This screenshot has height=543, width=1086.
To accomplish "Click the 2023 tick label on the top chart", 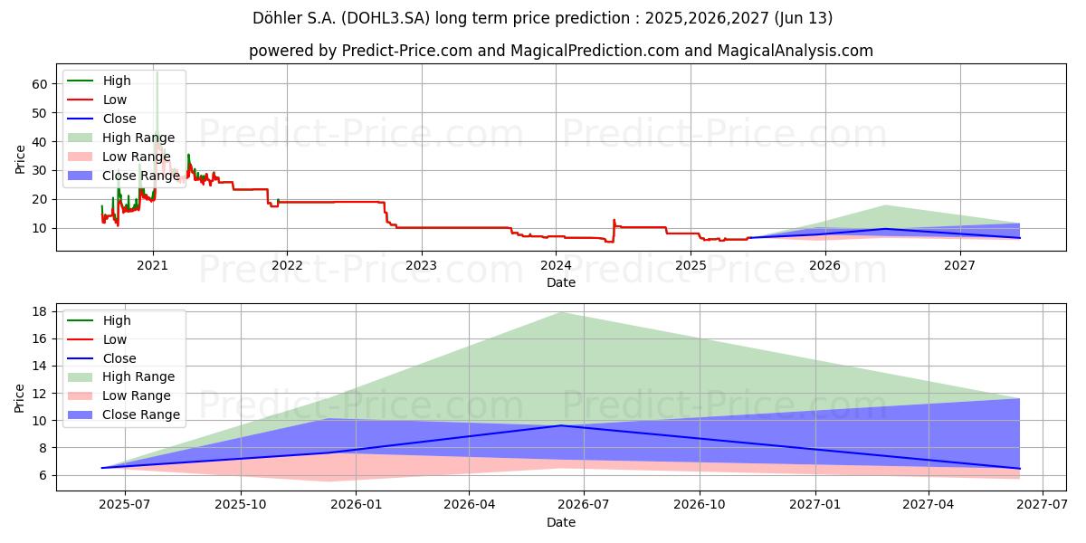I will coord(421,265).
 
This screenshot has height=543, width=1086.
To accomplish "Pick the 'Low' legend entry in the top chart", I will coord(115,100).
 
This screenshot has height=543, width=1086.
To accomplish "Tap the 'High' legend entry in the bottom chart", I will coord(117,320).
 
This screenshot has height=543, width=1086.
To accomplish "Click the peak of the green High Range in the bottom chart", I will coord(561,312).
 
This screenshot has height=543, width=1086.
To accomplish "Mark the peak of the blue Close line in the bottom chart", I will coord(561,425).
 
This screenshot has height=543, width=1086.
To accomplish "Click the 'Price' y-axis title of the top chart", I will coord(20,158).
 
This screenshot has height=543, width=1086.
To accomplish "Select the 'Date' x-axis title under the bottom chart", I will coord(561,522).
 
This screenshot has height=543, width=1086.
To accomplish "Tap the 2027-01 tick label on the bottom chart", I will coord(815,504).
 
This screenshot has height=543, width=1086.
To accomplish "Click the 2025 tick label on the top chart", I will coord(690,265).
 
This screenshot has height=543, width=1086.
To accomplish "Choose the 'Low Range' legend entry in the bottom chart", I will coord(137,395).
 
